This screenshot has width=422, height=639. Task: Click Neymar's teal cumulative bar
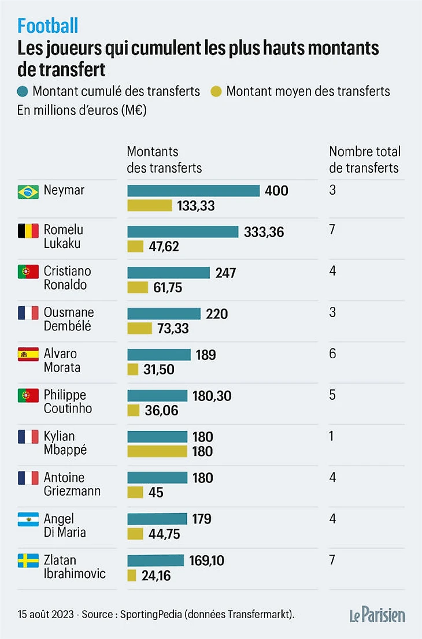193,191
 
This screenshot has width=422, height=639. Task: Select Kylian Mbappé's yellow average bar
157,451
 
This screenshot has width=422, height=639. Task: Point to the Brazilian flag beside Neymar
28,191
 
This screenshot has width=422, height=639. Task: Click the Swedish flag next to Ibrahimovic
28,561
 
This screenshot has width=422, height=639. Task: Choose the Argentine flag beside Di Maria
28,519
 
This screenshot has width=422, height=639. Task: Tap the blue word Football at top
48,25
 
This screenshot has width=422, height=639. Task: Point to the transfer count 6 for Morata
332,354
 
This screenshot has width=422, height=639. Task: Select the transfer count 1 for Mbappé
332,436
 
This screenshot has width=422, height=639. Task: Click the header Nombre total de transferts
364,159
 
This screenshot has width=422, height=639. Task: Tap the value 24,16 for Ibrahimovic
156,576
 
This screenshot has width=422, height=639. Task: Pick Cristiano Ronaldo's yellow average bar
138,287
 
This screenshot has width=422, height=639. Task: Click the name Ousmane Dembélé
68,319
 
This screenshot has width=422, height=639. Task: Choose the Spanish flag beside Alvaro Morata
28,354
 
